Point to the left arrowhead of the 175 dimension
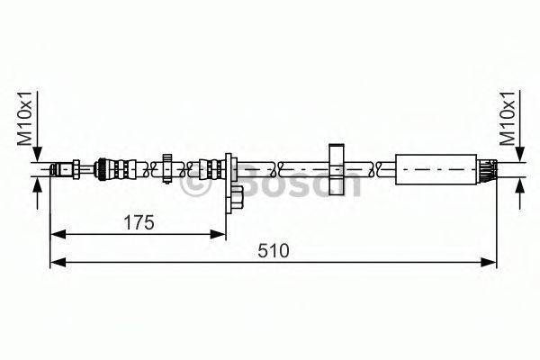click(x=56, y=234)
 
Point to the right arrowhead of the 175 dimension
click(x=220, y=234)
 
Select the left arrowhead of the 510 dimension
click(x=56, y=262)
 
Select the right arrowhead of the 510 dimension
click(x=491, y=262)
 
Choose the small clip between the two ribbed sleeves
click(x=168, y=167)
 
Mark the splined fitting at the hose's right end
click(x=488, y=168)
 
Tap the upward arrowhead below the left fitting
click(x=37, y=183)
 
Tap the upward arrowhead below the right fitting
click(x=519, y=183)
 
